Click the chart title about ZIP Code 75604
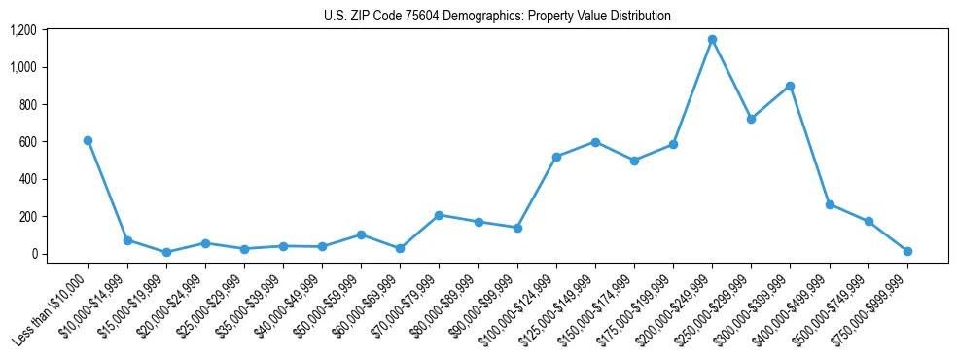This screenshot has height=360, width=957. coord(497,17)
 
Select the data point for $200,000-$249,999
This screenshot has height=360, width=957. coord(712,40)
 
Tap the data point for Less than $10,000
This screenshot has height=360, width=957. coord(88,140)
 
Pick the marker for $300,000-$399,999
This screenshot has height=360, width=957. coord(790,86)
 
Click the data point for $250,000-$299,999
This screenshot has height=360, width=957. coord(751,119)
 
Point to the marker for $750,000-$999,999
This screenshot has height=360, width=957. coord(907,251)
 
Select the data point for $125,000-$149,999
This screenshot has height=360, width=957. coord(595,142)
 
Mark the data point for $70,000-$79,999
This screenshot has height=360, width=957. coord(439,215)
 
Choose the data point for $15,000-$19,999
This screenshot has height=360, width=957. coord(166,252)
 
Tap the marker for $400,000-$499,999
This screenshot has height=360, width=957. coord(830,204)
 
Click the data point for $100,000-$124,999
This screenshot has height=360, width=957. coord(556,157)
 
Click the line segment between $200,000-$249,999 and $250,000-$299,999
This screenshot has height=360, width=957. coord(731,80)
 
